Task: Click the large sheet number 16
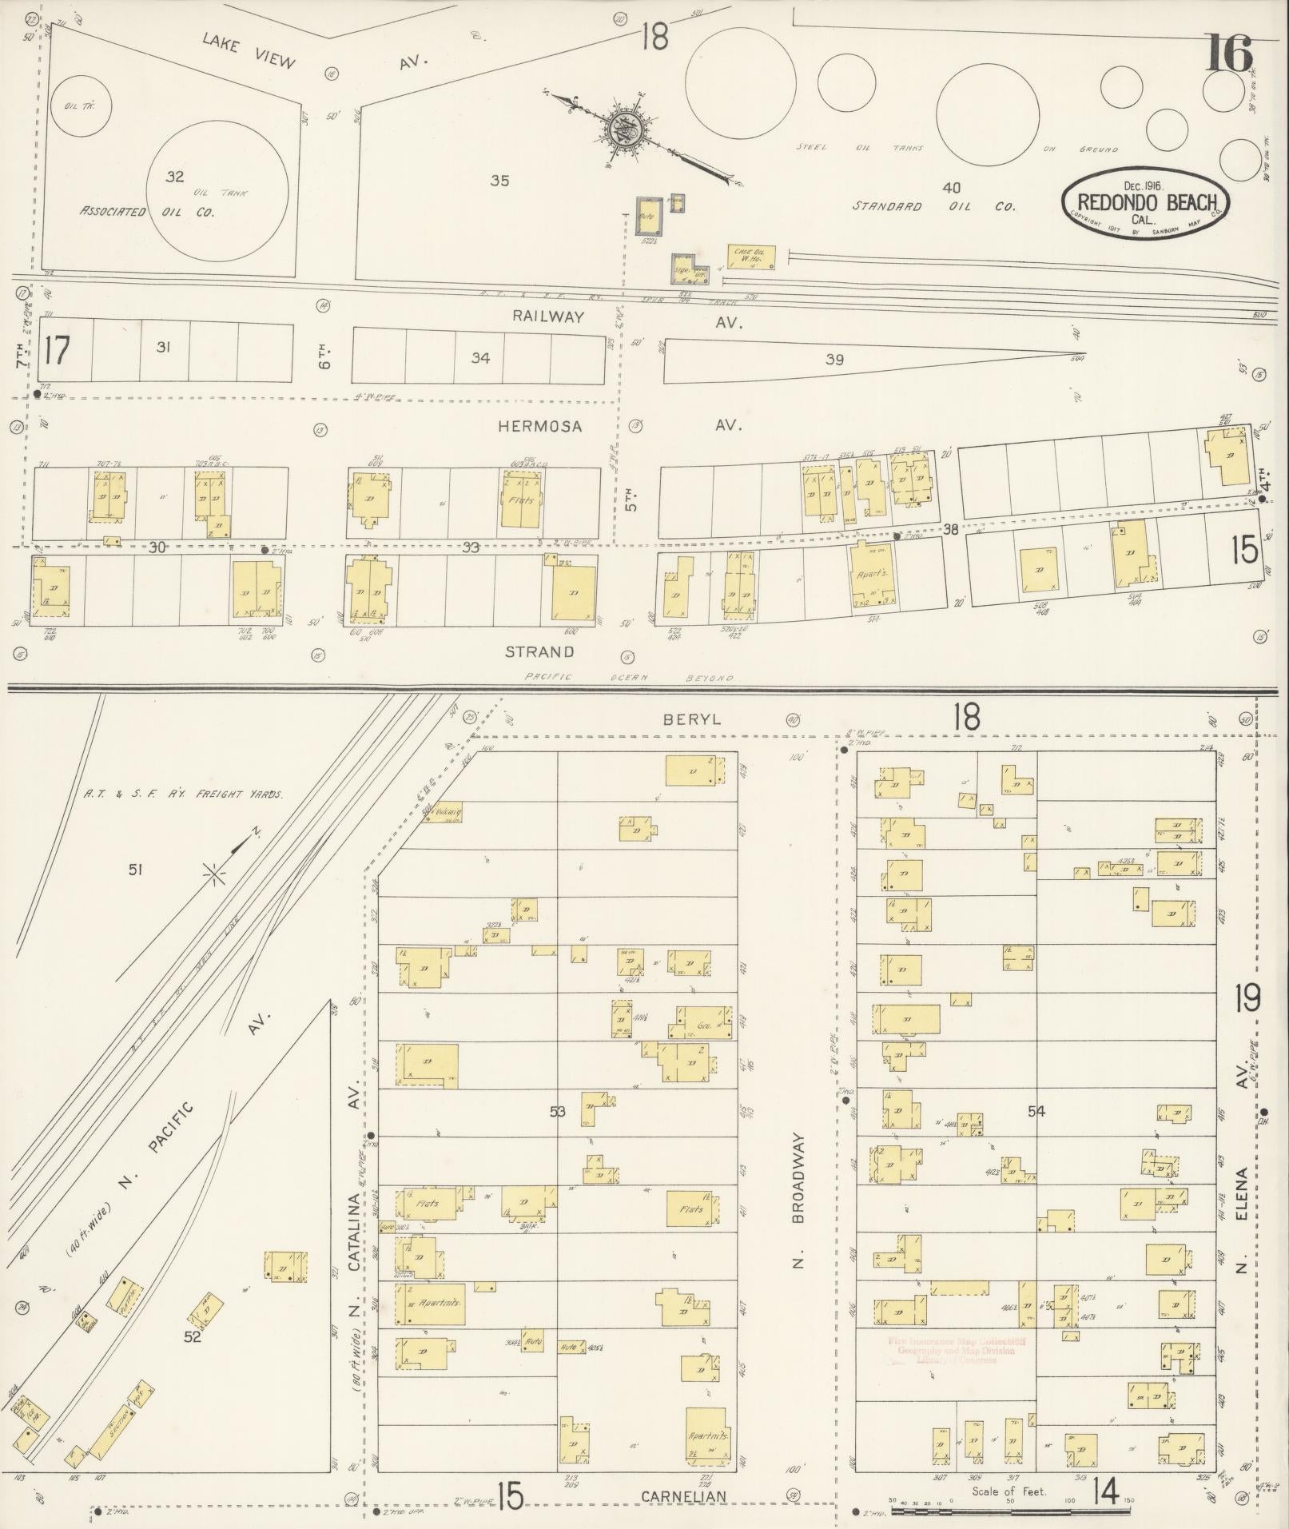point(1229,54)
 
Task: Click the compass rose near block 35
point(627,128)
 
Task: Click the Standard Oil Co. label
point(933,206)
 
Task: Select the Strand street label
point(539,651)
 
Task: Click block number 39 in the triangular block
point(833,360)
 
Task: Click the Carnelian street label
point(683,1496)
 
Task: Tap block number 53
point(557,1111)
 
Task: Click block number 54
point(1036,1111)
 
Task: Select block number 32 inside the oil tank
point(174,177)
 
